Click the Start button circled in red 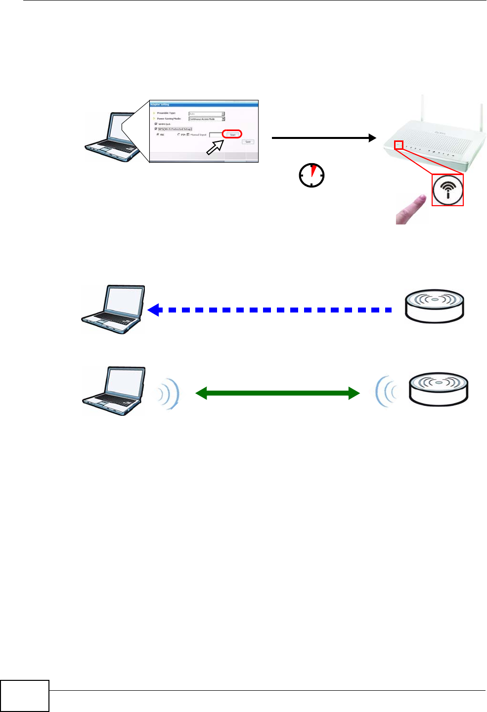(232, 134)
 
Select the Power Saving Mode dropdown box (207, 119)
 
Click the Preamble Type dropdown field (207, 114)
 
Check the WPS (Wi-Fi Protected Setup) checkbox (156, 129)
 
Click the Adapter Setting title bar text (160, 104)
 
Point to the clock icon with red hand (312, 175)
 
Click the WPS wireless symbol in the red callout (448, 190)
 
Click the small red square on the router (398, 145)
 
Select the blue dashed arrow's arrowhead (154, 310)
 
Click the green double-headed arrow (277, 393)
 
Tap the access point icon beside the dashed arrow (435, 306)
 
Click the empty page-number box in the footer (25, 696)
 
